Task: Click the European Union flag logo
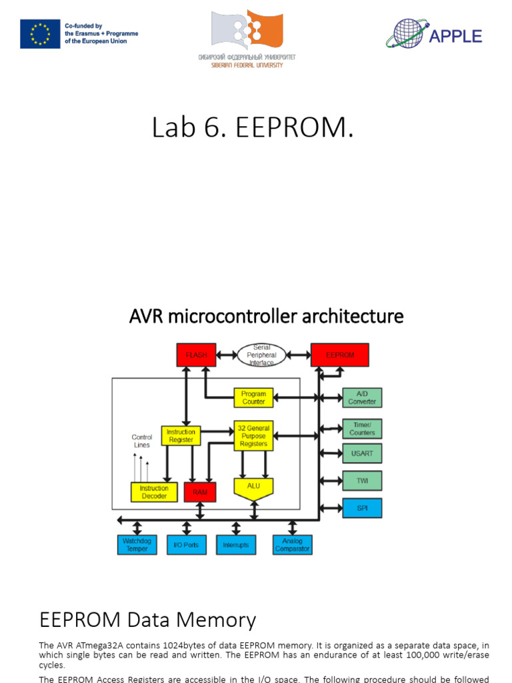39,34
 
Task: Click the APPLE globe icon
407,33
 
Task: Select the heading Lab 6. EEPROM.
253,127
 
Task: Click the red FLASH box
196,356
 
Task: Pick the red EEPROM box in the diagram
340,356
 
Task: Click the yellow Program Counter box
253,398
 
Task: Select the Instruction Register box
181,436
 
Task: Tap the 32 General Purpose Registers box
253,436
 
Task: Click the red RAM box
200,492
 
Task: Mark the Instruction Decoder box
154,492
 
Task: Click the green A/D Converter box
362,398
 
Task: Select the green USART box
362,454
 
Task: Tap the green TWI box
362,480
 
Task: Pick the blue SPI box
362,508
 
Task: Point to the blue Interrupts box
235,545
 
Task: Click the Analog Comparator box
292,545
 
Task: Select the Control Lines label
141,441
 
